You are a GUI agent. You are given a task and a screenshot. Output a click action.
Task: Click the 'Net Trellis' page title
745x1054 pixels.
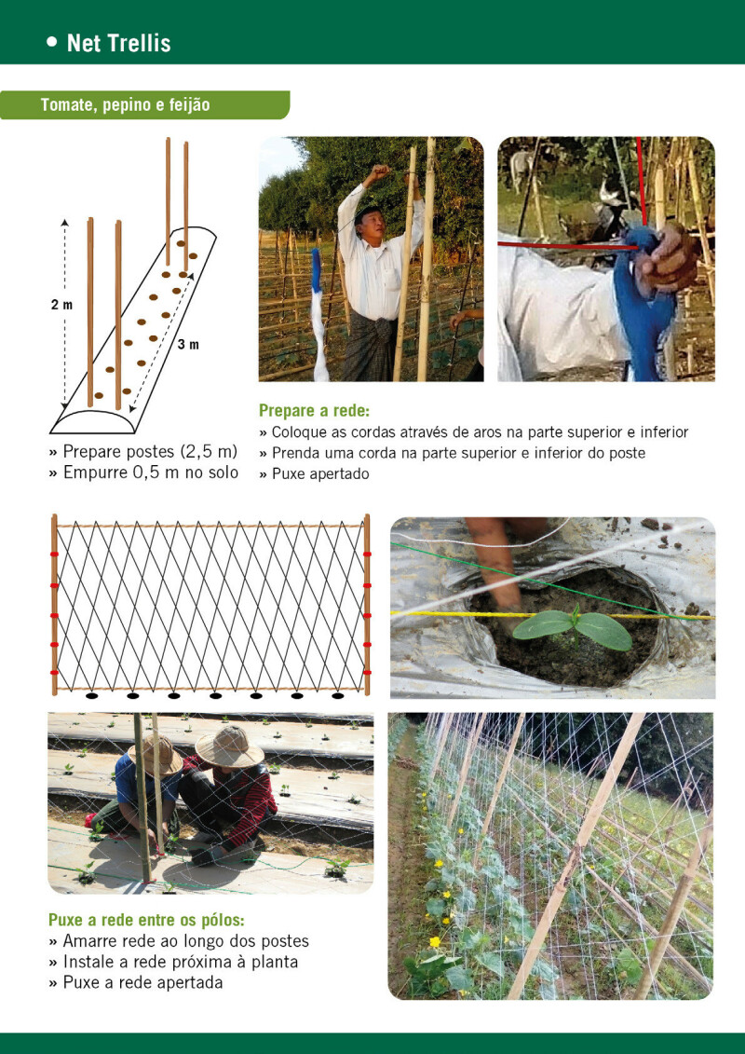point(119,44)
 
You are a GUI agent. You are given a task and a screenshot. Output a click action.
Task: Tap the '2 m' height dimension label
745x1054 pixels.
point(61,305)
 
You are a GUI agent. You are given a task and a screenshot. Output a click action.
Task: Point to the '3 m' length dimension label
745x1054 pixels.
point(189,345)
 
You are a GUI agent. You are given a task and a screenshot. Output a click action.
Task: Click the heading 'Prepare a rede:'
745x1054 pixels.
point(315,410)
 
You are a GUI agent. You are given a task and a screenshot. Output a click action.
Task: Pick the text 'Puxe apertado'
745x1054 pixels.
point(315,474)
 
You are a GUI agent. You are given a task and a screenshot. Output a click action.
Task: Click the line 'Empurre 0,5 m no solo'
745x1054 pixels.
point(143,472)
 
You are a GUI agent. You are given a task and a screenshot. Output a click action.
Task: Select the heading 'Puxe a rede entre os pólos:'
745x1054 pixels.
point(146,920)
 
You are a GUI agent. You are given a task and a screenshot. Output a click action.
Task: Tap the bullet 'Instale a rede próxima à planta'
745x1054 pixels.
point(173,962)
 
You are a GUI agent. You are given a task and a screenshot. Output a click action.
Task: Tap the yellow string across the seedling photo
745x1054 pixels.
point(552,614)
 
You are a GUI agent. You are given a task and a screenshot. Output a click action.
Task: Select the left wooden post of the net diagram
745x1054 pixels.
point(54,604)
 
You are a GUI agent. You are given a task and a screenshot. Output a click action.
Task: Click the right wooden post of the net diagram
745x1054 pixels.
point(367,604)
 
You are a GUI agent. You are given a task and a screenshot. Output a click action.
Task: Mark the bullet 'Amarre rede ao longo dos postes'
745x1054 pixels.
point(179,941)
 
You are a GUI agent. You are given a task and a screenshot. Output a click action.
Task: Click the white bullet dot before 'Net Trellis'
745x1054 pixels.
point(52,42)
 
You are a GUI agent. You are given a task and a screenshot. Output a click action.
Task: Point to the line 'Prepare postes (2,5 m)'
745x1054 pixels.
point(143,451)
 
